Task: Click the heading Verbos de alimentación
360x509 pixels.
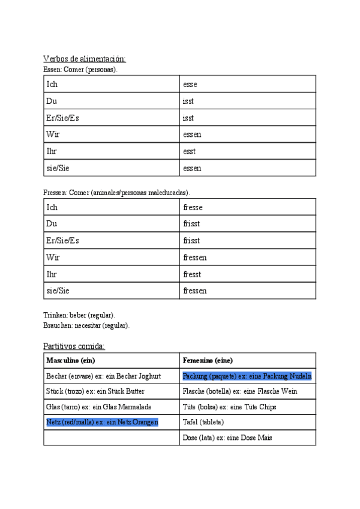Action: (85, 59)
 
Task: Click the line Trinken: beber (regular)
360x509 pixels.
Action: (79, 315)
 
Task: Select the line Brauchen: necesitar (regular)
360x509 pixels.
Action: (86, 325)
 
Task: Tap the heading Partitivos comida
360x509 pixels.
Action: (74, 346)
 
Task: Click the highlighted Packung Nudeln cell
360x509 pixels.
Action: (247, 376)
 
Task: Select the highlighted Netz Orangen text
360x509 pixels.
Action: (102, 423)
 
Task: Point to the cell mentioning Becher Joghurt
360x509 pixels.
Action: (103, 376)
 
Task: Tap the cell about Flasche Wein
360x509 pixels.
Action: (240, 391)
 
